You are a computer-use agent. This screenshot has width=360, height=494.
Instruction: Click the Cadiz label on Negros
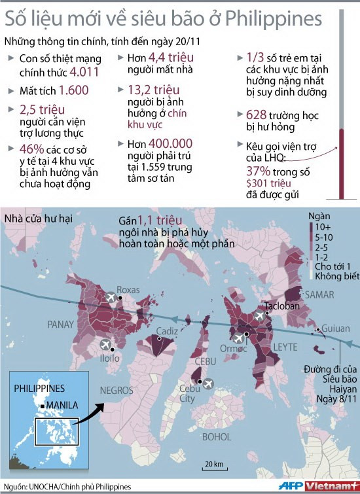167,331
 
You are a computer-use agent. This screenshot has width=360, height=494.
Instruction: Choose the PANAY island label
61,324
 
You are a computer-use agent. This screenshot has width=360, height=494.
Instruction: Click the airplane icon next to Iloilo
104,344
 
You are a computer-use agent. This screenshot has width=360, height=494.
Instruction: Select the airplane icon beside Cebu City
209,383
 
